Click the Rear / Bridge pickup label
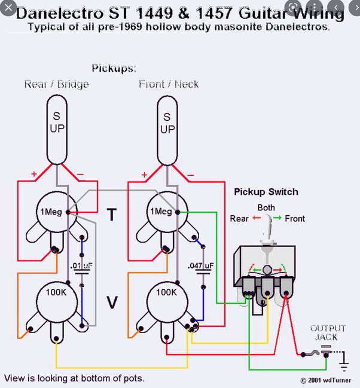click(56, 84)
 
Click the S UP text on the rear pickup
click(57, 123)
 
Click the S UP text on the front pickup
click(168, 123)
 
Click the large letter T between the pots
click(111, 215)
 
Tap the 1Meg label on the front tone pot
click(160, 212)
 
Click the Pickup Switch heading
click(266, 193)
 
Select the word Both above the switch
click(267, 208)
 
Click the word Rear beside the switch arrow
click(239, 219)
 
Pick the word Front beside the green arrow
click(295, 219)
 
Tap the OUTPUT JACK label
click(327, 333)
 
